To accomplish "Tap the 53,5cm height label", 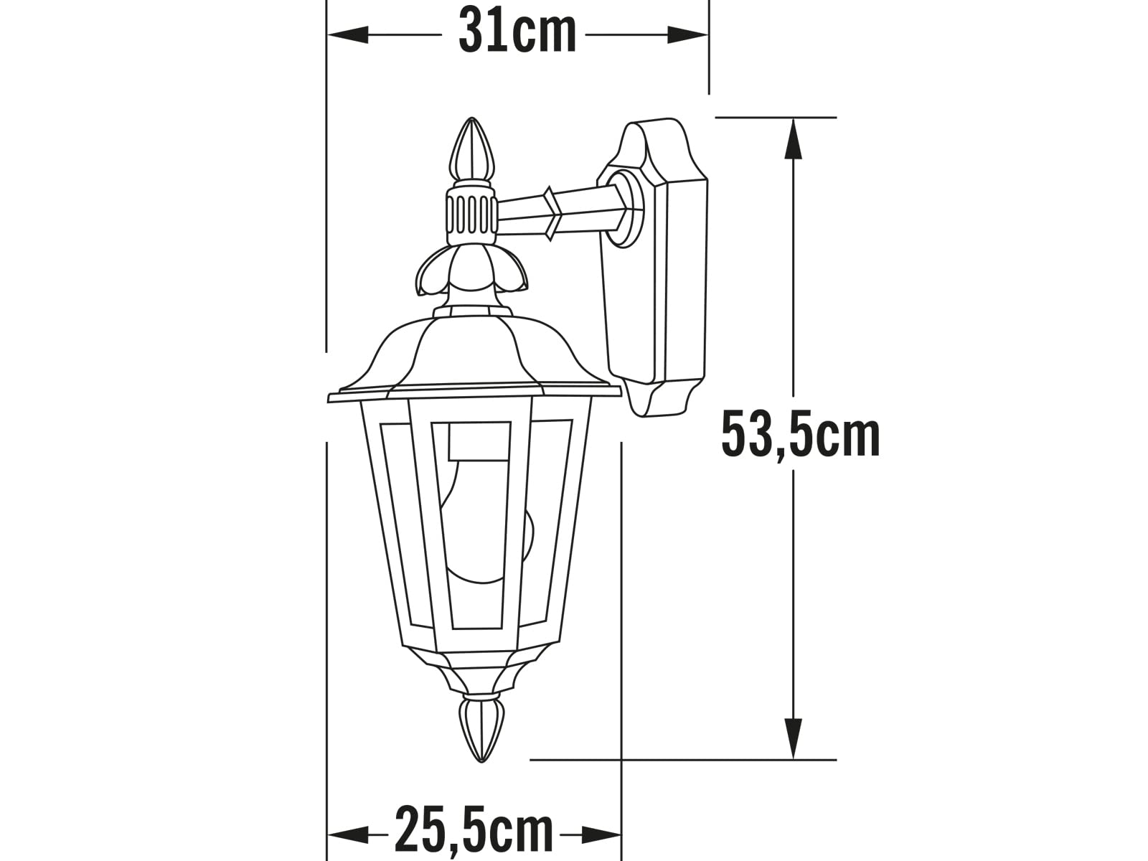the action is pos(800,434).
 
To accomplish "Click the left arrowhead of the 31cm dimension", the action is pos(348,35).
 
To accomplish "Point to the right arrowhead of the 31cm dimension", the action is pos(687,35).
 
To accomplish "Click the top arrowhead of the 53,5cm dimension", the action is pos(794,138).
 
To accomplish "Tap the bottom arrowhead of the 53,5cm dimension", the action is pos(794,739).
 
